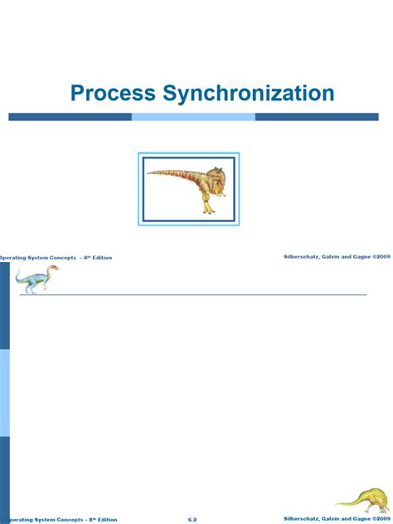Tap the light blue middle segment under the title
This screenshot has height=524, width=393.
[x=193, y=117]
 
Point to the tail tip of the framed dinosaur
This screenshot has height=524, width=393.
[x=150, y=172]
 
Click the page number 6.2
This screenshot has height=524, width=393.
[x=192, y=519]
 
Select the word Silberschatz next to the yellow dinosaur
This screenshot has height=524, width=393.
[x=301, y=519]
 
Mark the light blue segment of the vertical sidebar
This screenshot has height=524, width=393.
[x=5, y=392]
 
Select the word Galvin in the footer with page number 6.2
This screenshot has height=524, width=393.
[x=332, y=519]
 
